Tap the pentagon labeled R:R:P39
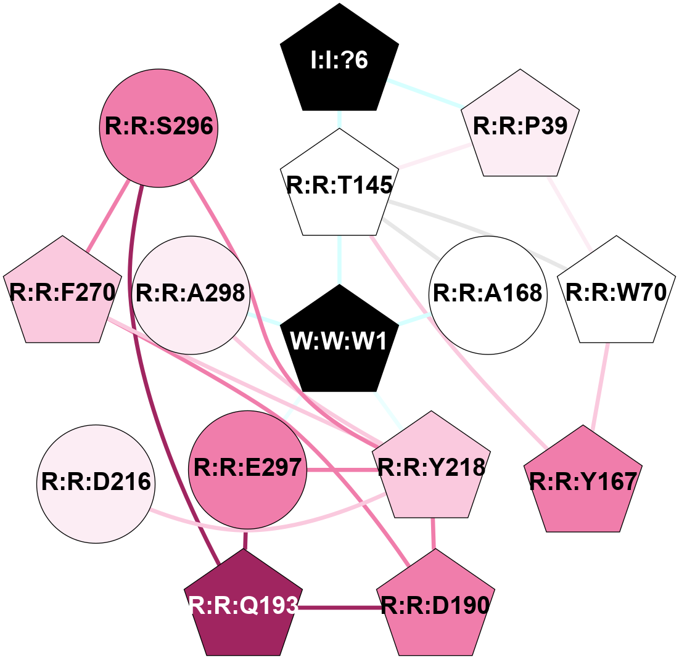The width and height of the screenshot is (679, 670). click(x=525, y=126)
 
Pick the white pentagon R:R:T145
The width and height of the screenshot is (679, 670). click(x=339, y=185)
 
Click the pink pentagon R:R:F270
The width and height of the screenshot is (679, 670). click(x=62, y=293)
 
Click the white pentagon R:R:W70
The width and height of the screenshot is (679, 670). click(x=616, y=293)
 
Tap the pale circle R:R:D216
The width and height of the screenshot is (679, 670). click(x=96, y=483)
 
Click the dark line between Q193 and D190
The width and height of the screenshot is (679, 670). click(x=339, y=608)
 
